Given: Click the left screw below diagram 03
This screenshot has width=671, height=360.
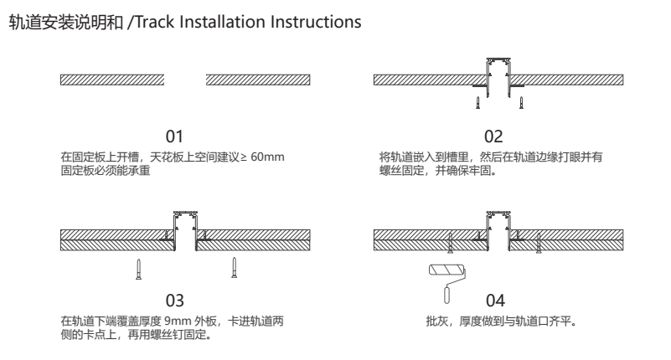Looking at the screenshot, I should pos(140,268).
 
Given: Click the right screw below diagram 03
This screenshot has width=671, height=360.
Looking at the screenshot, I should pos(234,268).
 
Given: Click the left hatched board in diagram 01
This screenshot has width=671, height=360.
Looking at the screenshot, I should pos(112,80).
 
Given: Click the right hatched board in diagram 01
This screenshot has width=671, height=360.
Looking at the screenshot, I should pos(257,80).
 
